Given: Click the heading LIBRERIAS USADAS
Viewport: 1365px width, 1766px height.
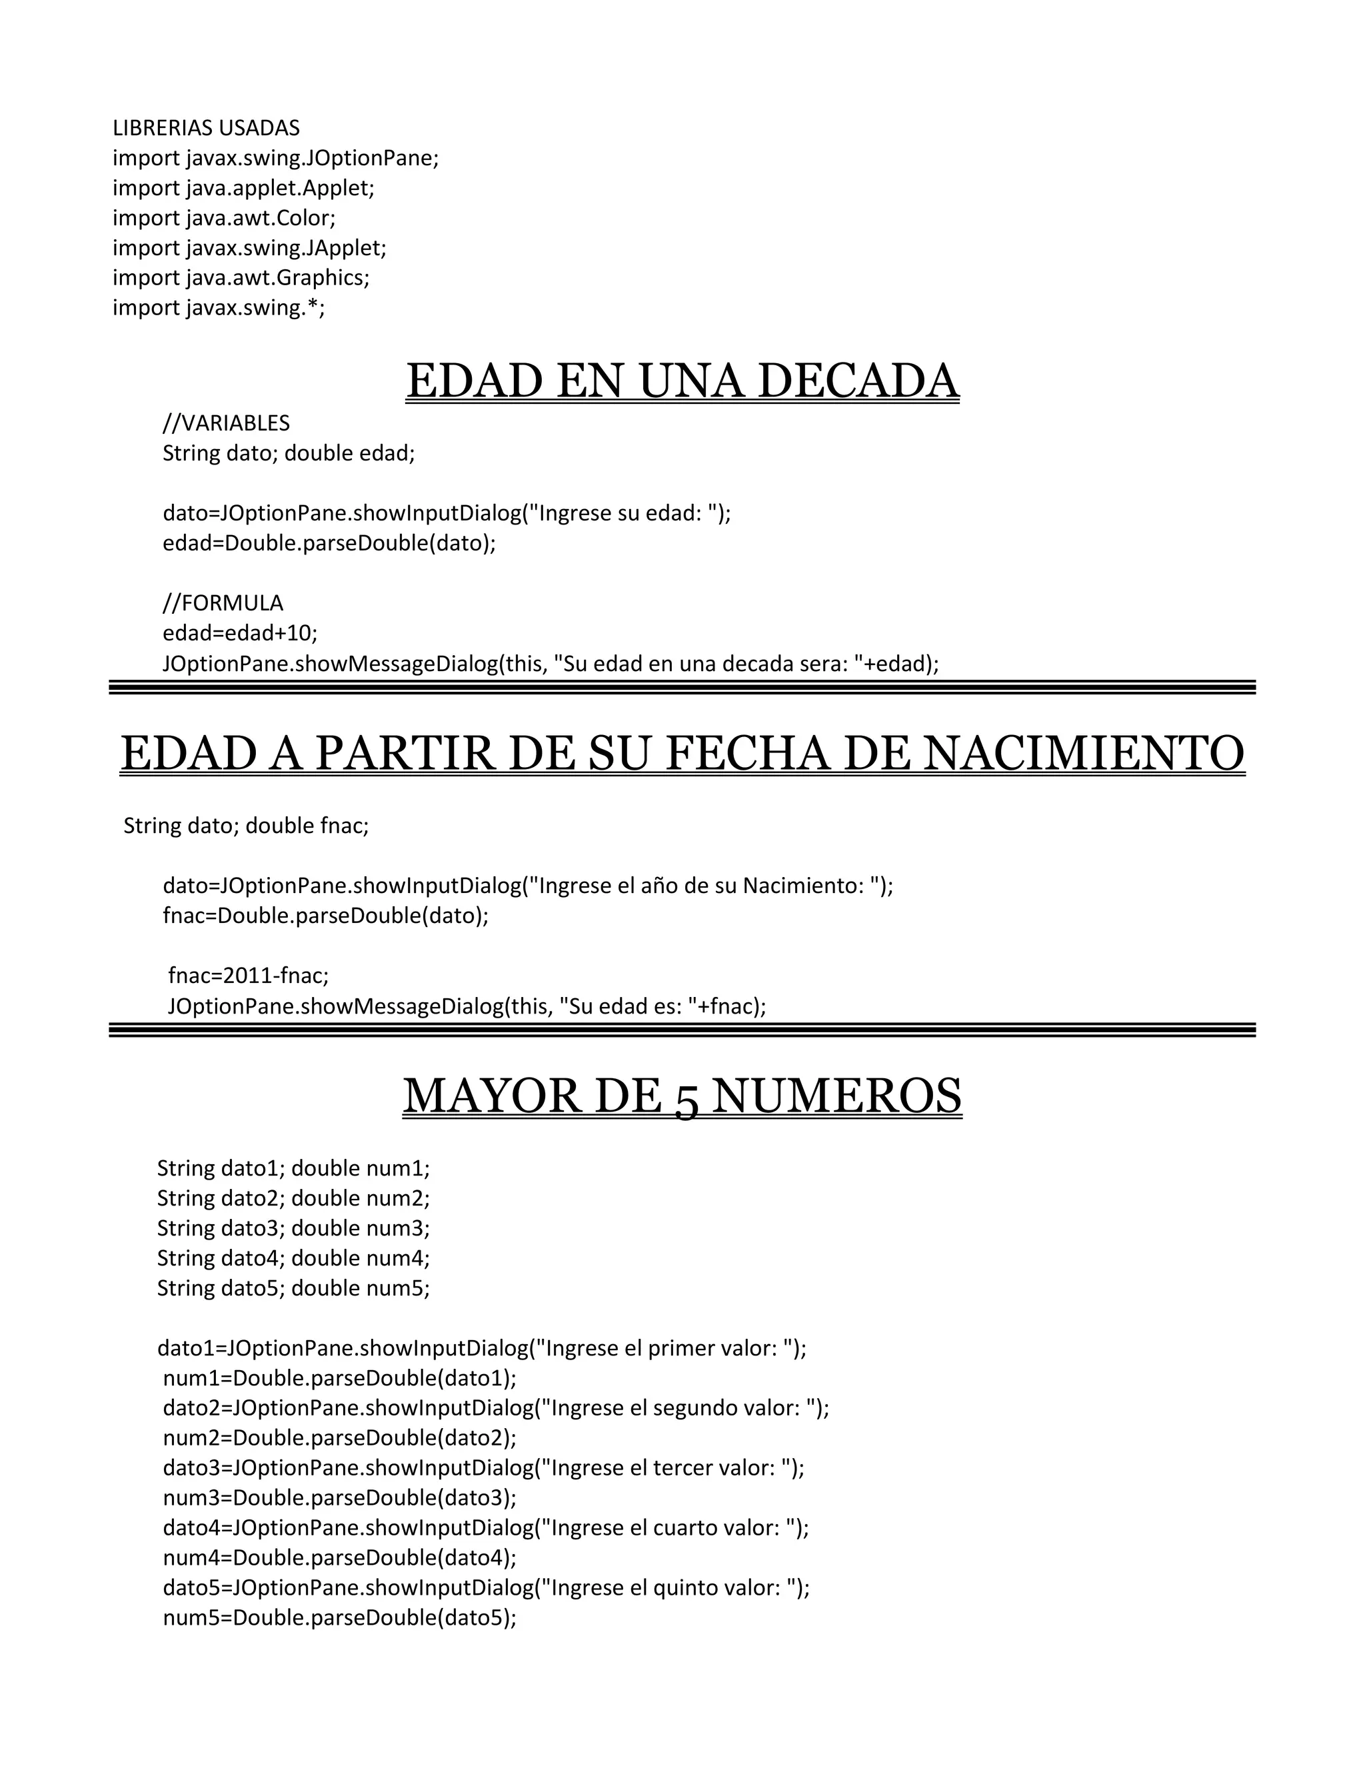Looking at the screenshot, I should (206, 128).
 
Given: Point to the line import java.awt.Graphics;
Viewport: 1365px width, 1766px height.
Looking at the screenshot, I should (241, 277).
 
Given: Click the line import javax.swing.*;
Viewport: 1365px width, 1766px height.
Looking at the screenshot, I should (219, 307).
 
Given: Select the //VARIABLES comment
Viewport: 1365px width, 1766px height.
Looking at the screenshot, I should (227, 423).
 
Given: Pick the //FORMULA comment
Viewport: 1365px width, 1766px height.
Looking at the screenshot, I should (223, 602).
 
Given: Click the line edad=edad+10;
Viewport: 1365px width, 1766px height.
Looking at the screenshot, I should (240, 632).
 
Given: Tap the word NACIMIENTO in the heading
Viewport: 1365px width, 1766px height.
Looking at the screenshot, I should (1084, 753).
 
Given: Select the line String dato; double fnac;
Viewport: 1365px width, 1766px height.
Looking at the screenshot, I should (246, 826).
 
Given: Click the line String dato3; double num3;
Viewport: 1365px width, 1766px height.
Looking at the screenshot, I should (293, 1228).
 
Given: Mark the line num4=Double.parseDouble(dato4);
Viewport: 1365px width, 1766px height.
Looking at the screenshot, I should (340, 1557).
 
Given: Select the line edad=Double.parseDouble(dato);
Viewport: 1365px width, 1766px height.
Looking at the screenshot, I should (329, 542).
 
